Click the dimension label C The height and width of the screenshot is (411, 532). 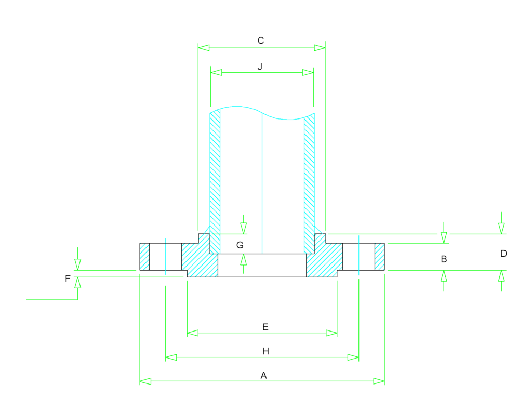tap(261, 41)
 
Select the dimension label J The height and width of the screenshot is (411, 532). tap(260, 67)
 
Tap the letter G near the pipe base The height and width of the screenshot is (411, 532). tap(240, 245)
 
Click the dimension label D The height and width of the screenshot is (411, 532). tap(503, 254)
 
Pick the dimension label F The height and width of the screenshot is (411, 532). tap(68, 279)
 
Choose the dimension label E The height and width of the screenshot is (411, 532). tap(265, 327)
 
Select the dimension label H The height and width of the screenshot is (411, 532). tap(265, 352)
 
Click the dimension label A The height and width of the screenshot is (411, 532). tap(263, 375)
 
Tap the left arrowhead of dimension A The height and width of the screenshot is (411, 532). tap(145, 381)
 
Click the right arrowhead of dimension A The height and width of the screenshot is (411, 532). tap(379, 381)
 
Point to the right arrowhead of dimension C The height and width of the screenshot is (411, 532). tap(320, 48)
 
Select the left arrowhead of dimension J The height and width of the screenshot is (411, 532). tap(216, 73)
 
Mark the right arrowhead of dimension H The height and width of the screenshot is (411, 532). tap(354, 357)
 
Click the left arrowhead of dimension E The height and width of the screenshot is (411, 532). tap(193, 333)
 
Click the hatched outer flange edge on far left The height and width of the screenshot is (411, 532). tap(144, 257)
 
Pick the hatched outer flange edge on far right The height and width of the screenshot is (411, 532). tap(380, 257)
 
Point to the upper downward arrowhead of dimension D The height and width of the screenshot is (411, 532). tap(501, 228)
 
